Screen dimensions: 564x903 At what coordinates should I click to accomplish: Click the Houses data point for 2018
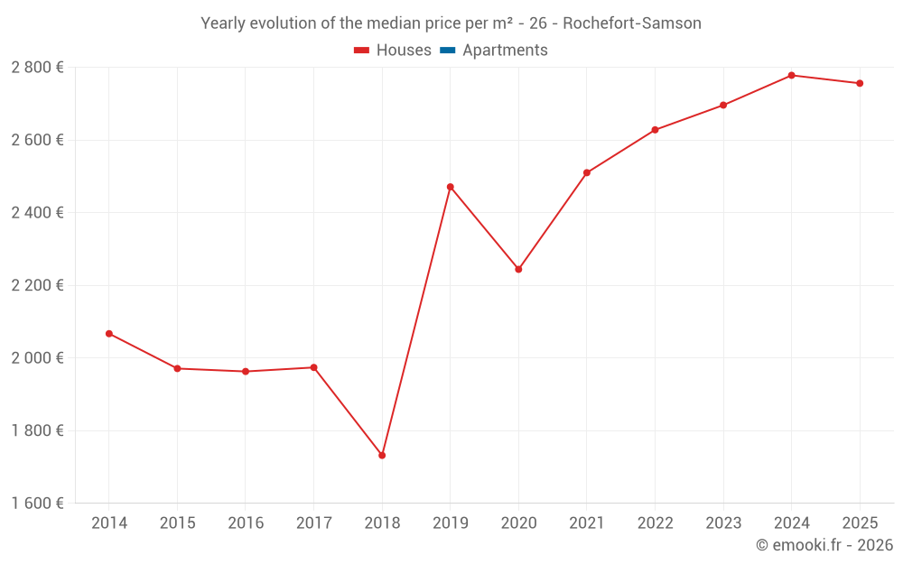click(x=382, y=456)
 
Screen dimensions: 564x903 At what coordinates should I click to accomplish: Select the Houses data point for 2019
click(x=450, y=187)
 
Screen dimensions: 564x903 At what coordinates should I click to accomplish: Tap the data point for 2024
click(x=791, y=75)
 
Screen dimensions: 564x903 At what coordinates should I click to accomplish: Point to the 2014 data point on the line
click(x=109, y=334)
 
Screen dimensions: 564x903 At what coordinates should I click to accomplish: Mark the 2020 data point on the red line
click(x=518, y=269)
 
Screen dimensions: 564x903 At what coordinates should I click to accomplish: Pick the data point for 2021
click(x=587, y=172)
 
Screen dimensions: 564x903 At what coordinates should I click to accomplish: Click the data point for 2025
click(x=860, y=83)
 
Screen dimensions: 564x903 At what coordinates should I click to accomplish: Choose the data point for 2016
click(x=246, y=371)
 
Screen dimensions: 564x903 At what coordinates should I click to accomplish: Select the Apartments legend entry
click(x=505, y=51)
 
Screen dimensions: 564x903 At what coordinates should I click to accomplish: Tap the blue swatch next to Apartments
click(x=447, y=51)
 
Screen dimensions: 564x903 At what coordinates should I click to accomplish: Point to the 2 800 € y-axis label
click(x=37, y=68)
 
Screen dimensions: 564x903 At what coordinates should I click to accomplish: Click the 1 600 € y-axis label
click(x=37, y=504)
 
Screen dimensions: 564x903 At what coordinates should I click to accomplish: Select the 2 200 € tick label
click(x=37, y=285)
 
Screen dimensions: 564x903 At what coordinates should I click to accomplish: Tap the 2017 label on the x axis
click(x=313, y=523)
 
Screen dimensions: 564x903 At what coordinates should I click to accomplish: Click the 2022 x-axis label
click(x=655, y=523)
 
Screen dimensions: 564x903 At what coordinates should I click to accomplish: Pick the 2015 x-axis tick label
click(x=177, y=523)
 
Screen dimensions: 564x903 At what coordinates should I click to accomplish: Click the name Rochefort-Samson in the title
click(x=631, y=23)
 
